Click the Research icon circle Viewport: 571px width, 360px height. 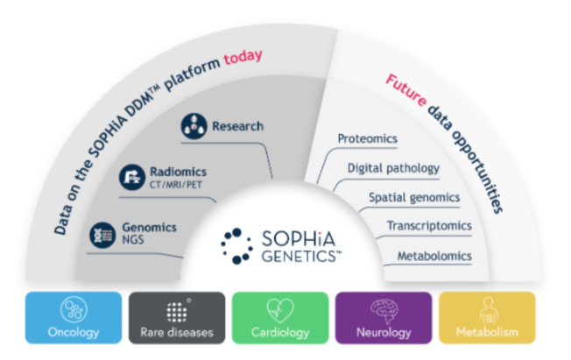pyautogui.click(x=194, y=126)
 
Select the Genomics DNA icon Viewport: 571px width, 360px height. pyautogui.click(x=102, y=233)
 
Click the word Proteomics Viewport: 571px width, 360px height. pyautogui.click(x=368, y=138)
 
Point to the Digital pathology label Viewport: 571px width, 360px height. pyautogui.click(x=393, y=167)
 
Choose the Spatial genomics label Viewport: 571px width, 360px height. pyautogui.click(x=414, y=197)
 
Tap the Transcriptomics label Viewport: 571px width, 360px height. pyautogui.click(x=429, y=226)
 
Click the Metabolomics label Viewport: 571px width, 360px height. pyautogui.click(x=434, y=256)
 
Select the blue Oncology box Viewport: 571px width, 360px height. pyautogui.click(x=74, y=316)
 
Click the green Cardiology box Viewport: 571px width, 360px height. pyautogui.click(x=279, y=316)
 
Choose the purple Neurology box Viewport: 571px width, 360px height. pyautogui.click(x=383, y=316)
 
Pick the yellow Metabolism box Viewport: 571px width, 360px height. pyautogui.click(x=486, y=316)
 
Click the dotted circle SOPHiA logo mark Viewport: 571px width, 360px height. pyautogui.click(x=236, y=245)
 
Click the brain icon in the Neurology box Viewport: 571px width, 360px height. pyautogui.click(x=383, y=308)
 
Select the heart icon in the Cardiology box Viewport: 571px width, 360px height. pyautogui.click(x=280, y=308)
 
